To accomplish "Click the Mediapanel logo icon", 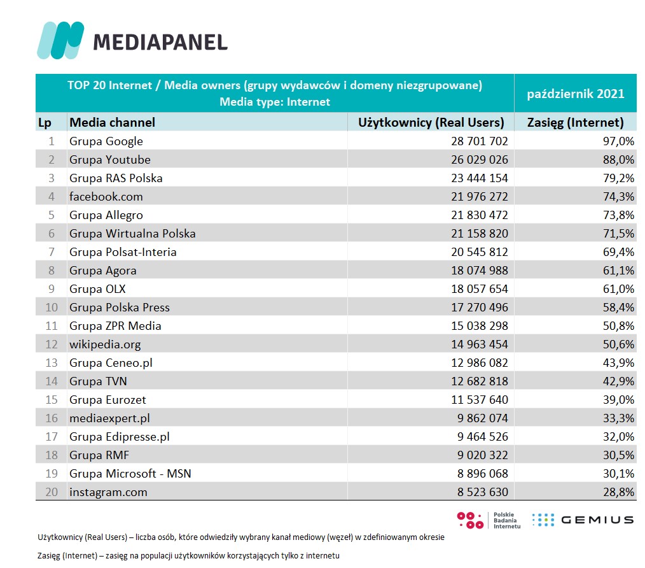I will [60, 40].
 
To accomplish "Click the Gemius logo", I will [583, 520].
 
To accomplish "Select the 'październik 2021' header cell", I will [576, 94].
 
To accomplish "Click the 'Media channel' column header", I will [112, 122].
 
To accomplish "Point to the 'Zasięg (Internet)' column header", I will [576, 122].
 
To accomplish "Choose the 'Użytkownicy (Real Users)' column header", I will [431, 122].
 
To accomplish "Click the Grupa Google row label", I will [106, 141].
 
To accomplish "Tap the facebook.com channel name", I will [106, 197].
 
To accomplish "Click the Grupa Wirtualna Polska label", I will [132, 234].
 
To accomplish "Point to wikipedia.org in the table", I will [105, 344].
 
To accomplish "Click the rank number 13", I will [52, 363].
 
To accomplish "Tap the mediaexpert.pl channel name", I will [109, 418].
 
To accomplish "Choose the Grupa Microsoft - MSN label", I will [130, 474].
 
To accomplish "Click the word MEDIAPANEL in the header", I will [160, 42].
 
